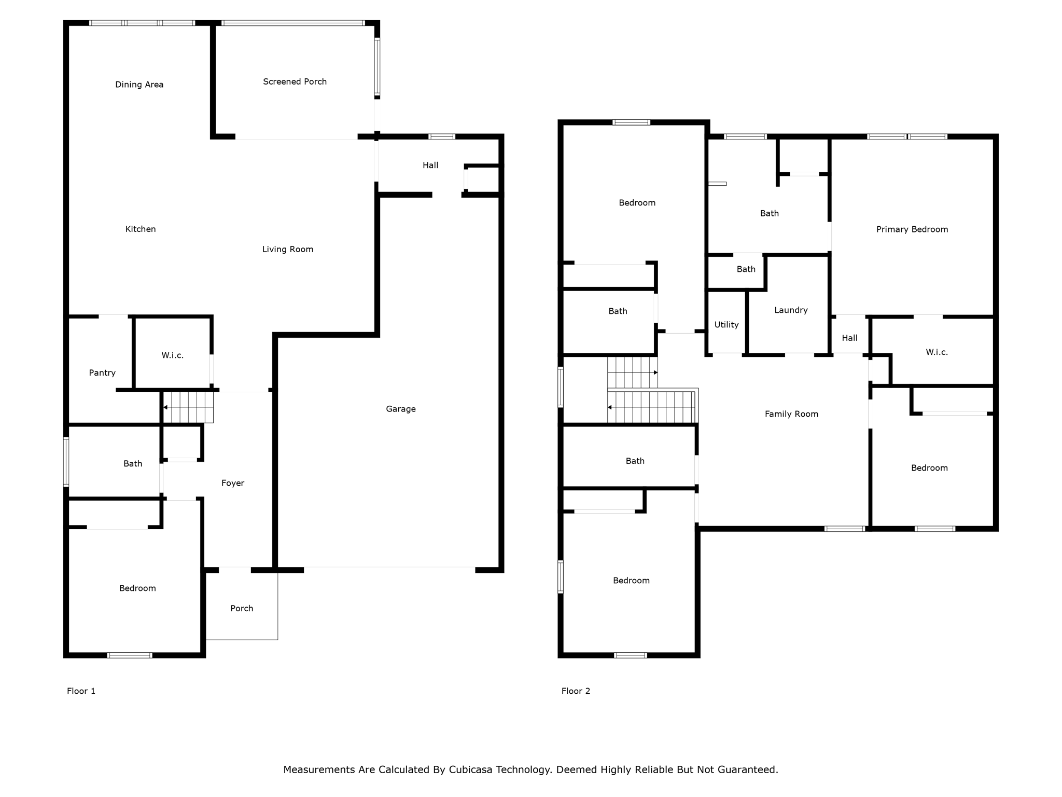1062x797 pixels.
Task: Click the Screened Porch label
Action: (x=295, y=81)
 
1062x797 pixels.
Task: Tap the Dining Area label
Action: (x=139, y=85)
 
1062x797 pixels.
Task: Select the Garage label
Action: (x=401, y=409)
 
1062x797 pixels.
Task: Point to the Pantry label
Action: (x=102, y=373)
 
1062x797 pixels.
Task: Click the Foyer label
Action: (x=233, y=483)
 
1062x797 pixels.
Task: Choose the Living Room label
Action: (x=288, y=249)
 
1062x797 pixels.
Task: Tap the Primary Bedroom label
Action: (x=912, y=229)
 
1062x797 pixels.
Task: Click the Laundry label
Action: (x=791, y=310)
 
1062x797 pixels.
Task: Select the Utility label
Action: (x=726, y=325)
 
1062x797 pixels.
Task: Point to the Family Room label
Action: (x=791, y=414)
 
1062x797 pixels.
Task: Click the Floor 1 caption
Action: (x=81, y=691)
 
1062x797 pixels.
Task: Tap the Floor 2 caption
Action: (x=576, y=691)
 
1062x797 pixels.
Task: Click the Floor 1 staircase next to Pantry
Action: (x=188, y=407)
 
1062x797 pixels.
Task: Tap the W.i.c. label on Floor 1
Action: (x=173, y=355)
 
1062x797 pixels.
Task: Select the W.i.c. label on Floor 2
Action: (x=937, y=352)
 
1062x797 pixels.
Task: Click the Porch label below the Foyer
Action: (x=242, y=609)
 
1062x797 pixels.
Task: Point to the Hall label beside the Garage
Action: (x=430, y=166)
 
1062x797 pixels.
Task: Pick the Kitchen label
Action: (x=141, y=229)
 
